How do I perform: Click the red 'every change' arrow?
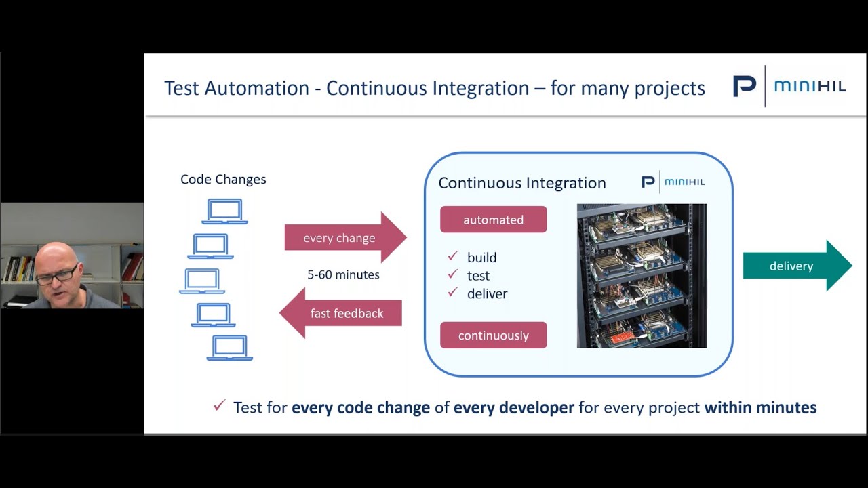[x=342, y=238]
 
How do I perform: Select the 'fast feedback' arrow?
[x=344, y=313]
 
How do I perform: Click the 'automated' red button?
[x=493, y=220]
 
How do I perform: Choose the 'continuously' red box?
[x=493, y=335]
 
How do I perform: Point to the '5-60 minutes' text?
[x=343, y=275]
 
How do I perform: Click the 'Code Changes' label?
[x=223, y=179]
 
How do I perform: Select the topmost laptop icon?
[x=225, y=211]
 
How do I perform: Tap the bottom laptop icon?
[x=229, y=348]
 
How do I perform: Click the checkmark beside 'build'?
[x=452, y=257]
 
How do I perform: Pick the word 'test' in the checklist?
[x=478, y=276]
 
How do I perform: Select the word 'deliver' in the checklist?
[x=487, y=294]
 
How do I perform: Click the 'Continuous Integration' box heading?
[x=522, y=183]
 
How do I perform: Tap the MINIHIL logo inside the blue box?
[x=673, y=182]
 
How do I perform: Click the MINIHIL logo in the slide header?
[x=789, y=87]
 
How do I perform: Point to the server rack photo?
[x=642, y=276]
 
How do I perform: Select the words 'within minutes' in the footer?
[x=760, y=407]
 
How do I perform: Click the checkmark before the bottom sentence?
[x=219, y=406]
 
